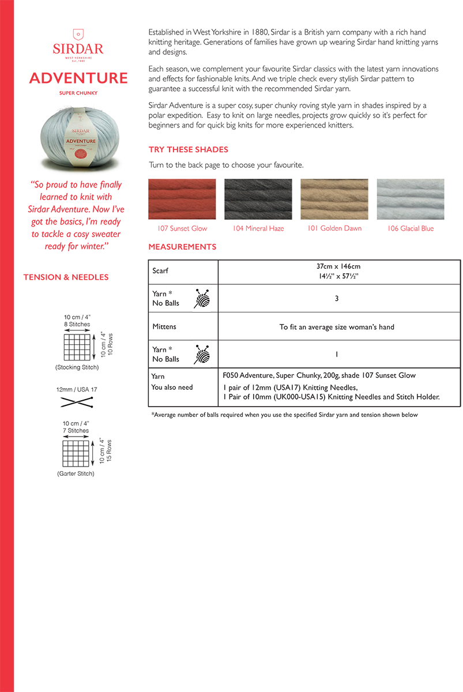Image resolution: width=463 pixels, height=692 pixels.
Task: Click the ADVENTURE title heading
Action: pos(78,78)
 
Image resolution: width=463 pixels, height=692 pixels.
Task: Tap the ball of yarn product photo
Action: pos(78,136)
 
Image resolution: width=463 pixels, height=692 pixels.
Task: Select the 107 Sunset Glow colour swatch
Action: pos(182,199)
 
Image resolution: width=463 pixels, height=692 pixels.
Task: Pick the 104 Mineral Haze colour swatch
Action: pos(258,199)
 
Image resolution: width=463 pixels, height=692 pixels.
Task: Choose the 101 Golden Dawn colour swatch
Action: pos(334,199)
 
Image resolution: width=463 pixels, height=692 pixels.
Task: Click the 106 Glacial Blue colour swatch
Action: pos(411,199)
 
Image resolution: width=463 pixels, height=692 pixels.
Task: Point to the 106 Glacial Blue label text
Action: pos(411,228)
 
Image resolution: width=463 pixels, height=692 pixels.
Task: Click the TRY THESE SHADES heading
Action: pos(189,150)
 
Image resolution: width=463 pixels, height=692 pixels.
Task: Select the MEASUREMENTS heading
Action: pos(182,247)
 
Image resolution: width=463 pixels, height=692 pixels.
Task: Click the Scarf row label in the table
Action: pos(160,270)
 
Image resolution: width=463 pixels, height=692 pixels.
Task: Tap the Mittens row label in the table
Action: pos(164,327)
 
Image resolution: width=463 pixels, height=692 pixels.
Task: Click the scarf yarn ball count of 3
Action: pos(336,299)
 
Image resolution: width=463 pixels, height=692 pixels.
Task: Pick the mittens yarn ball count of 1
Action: pos(336,355)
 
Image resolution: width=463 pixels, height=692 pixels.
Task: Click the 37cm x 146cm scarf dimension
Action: pos(338,266)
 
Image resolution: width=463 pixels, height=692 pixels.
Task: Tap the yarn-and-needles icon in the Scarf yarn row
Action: pos(202,299)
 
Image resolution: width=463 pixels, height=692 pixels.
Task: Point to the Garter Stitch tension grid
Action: pos(77,453)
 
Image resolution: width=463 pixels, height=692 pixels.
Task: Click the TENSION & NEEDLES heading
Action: pos(66,277)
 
